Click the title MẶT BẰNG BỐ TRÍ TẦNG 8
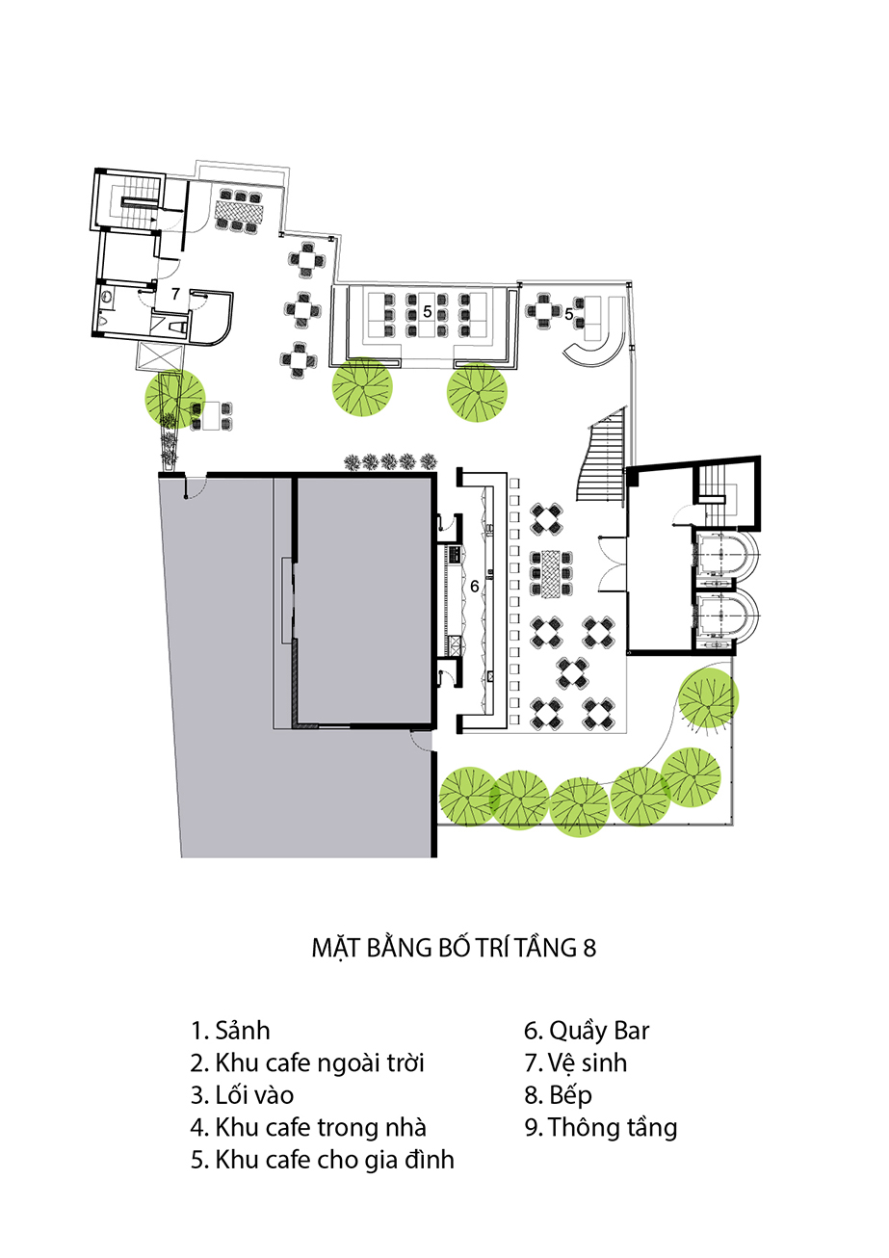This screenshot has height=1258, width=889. pyautogui.click(x=454, y=948)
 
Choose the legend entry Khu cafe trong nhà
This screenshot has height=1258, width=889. pyautogui.click(x=308, y=1127)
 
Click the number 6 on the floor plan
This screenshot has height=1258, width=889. pyautogui.click(x=475, y=587)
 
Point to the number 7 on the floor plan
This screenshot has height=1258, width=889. pyautogui.click(x=175, y=294)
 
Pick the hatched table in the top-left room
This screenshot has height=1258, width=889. pyautogui.click(x=238, y=211)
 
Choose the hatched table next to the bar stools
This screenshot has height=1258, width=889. pyautogui.click(x=551, y=573)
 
